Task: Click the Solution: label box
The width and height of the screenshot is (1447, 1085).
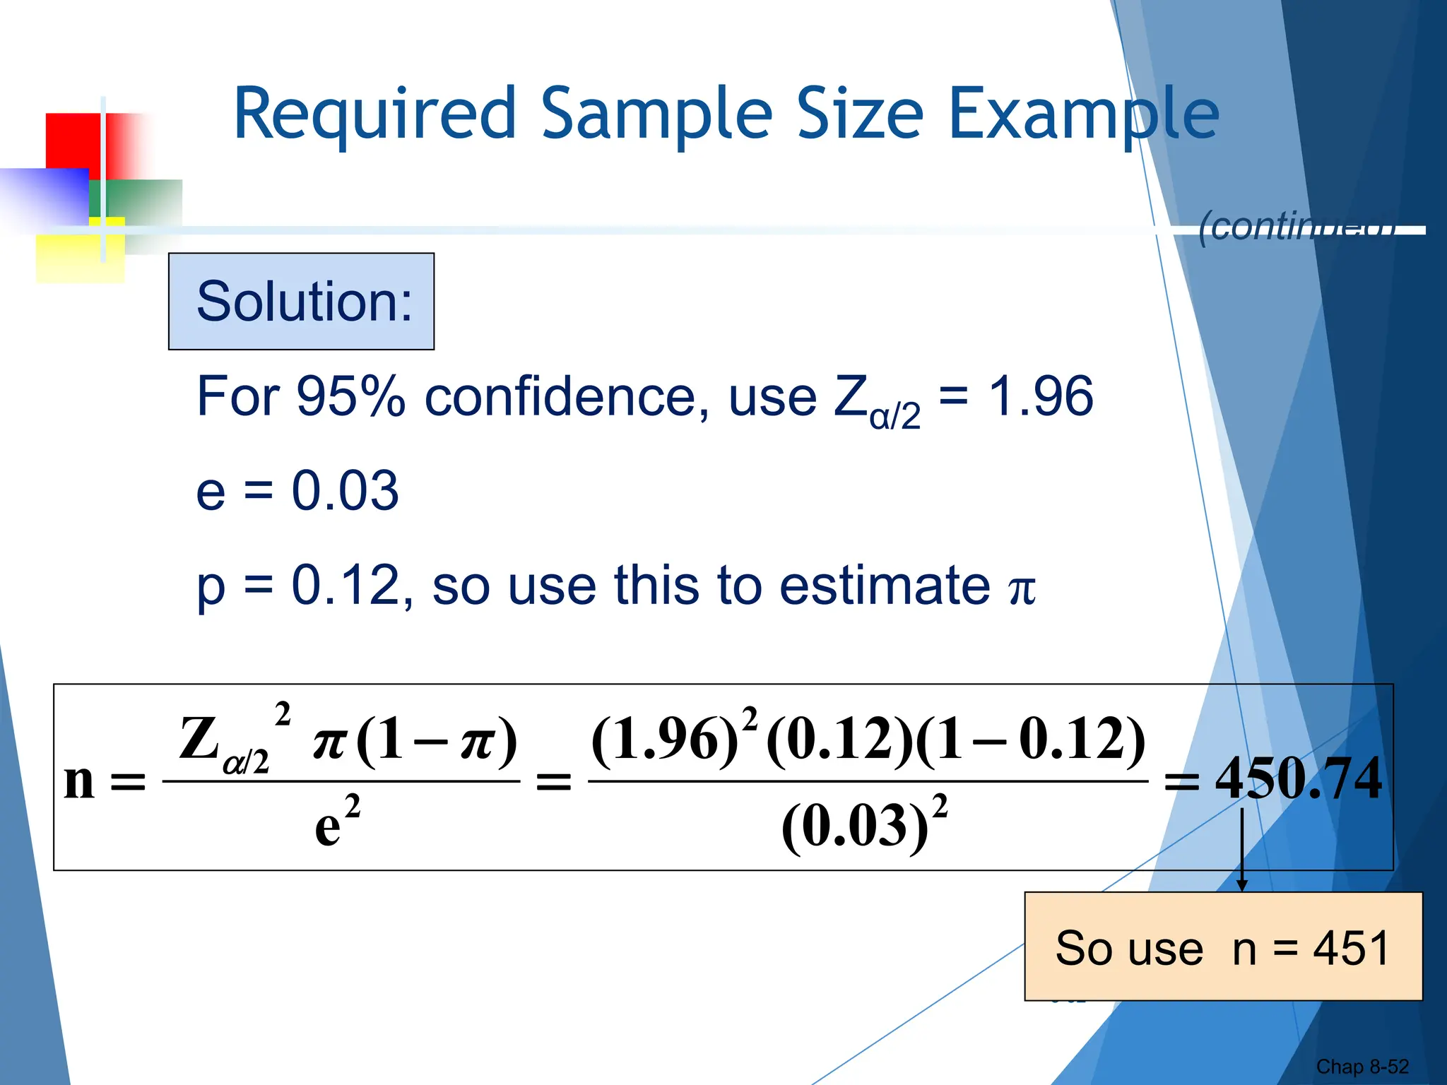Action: click(x=302, y=302)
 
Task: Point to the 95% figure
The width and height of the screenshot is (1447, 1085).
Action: click(x=350, y=397)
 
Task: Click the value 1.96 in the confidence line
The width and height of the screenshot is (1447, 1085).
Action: click(x=1040, y=397)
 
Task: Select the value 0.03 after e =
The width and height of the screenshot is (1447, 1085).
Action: click(x=345, y=491)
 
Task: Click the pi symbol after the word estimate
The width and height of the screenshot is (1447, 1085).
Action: click(x=1022, y=588)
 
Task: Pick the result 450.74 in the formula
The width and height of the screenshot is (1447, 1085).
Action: click(x=1299, y=778)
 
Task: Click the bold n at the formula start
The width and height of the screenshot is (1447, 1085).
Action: click(x=79, y=781)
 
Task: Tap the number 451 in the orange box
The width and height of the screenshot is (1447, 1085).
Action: click(x=1351, y=948)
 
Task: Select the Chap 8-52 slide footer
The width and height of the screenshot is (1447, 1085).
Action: click(x=1362, y=1067)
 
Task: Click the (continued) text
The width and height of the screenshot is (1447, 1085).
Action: click(x=1297, y=227)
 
